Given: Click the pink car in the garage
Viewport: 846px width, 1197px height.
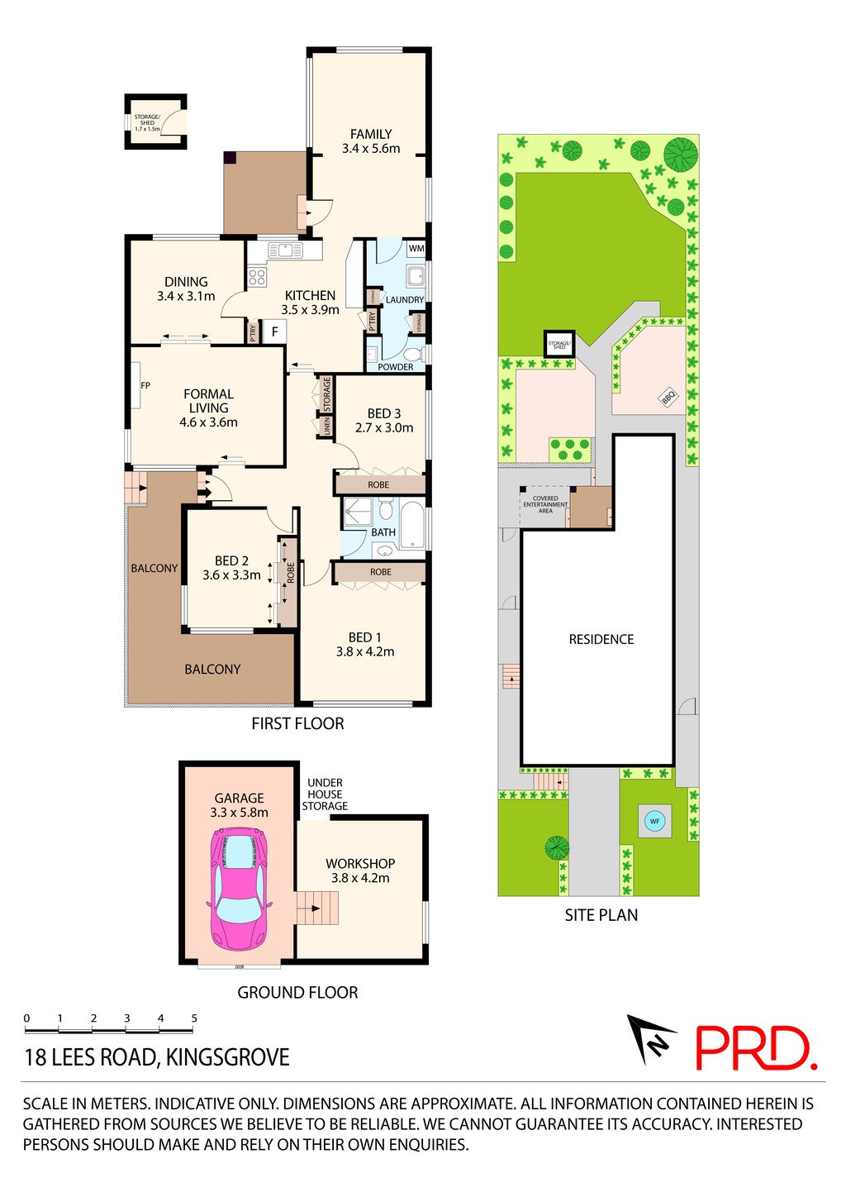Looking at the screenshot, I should [240, 889].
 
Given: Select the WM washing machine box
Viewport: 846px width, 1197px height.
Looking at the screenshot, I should [416, 248].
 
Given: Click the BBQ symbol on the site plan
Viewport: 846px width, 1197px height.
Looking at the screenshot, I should [668, 398].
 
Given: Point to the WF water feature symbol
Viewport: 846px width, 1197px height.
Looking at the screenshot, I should [654, 821].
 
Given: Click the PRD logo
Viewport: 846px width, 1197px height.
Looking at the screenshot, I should [755, 1048].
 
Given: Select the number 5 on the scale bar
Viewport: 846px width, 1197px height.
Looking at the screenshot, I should [194, 1018].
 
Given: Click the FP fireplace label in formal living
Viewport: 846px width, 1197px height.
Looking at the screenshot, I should [145, 385].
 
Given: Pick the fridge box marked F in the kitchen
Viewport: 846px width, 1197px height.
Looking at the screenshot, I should [273, 332].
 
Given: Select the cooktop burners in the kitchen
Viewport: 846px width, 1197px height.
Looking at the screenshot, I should [257, 278].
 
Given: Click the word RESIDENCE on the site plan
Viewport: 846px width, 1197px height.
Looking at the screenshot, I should [601, 639].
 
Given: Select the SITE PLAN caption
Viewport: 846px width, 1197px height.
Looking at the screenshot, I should [601, 915].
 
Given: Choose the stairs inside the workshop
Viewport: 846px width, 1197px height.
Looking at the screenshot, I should [318, 908].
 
